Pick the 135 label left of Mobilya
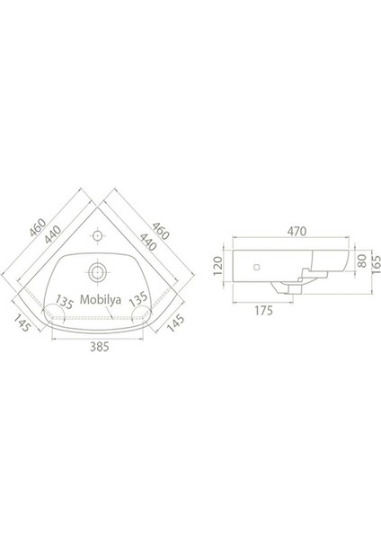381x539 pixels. pos(65,300)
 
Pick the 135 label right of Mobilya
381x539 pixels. pos(139,300)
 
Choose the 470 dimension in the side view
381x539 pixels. pos(289,230)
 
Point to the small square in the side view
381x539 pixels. pos(258,267)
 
